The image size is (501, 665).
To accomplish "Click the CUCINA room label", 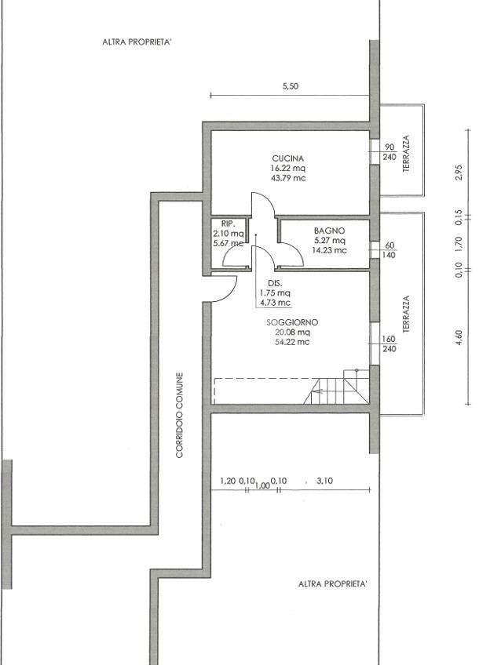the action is point(288,158).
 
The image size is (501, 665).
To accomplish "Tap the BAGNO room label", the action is point(330,231).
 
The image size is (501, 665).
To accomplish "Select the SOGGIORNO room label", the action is point(292,322).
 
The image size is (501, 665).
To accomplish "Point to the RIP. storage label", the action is point(228,223).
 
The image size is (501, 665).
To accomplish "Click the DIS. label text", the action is point(275,283).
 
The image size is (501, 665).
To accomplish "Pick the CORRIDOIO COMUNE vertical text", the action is point(180,415).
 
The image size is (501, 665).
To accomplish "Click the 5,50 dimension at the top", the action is point(291,86).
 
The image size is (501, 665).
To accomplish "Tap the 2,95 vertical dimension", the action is point(459,173).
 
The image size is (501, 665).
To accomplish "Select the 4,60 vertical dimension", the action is point(459,337).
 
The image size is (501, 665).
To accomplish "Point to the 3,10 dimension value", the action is point(325,481).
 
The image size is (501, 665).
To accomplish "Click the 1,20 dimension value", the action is point(228,481).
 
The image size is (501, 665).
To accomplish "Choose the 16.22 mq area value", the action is point(288,168).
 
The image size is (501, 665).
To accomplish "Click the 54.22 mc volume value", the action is point(292,342).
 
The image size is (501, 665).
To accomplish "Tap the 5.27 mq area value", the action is point(330,241).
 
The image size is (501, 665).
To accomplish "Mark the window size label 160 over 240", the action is point(389,343).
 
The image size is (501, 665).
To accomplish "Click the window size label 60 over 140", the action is point(389,250).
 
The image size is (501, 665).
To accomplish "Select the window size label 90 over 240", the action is point(389,152).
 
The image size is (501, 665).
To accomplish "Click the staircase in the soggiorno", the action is point(336,387).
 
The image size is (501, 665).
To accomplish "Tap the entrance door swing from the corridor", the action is point(224,289).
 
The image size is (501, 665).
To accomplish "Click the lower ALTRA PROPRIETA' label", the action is point(333,584).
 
